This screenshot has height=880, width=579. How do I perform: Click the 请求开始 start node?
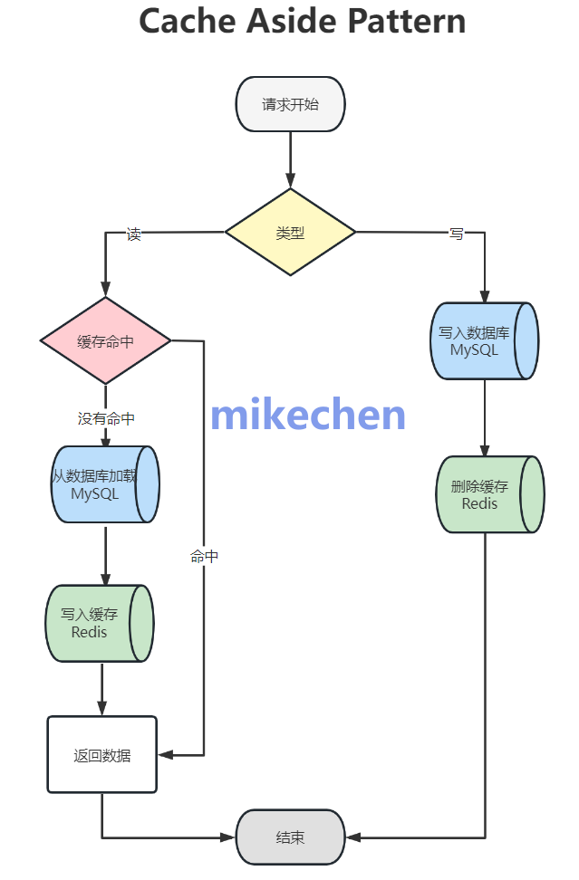pyautogui.click(x=290, y=104)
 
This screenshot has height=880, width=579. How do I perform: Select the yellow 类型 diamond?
pyautogui.click(x=290, y=233)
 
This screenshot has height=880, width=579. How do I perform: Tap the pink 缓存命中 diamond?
pyautogui.click(x=105, y=341)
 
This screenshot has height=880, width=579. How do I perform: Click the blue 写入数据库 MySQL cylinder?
pyautogui.click(x=484, y=341)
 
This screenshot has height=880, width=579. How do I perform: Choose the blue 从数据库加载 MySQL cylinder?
pyautogui.click(x=105, y=485)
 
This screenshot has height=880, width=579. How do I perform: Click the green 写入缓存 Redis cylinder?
pyautogui.click(x=99, y=624)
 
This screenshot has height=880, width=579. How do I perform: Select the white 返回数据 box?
pyautogui.click(x=101, y=755)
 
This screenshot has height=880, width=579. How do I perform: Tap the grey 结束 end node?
pyautogui.click(x=290, y=837)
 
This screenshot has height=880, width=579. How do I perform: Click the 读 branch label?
pyautogui.click(x=134, y=234)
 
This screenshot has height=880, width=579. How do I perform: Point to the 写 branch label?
pyautogui.click(x=456, y=234)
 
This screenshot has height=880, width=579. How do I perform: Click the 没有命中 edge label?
pyautogui.click(x=106, y=418)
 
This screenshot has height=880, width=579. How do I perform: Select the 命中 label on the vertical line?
pyautogui.click(x=204, y=557)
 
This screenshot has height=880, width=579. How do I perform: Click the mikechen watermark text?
pyautogui.click(x=308, y=415)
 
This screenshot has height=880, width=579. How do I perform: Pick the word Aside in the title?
pyautogui.click(x=290, y=21)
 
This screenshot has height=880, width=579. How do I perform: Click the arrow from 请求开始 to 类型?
pyautogui.click(x=290, y=159)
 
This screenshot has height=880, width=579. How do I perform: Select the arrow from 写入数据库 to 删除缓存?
pyautogui.click(x=485, y=417)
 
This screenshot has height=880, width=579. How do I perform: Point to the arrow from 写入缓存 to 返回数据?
pyautogui.click(x=101, y=689)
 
